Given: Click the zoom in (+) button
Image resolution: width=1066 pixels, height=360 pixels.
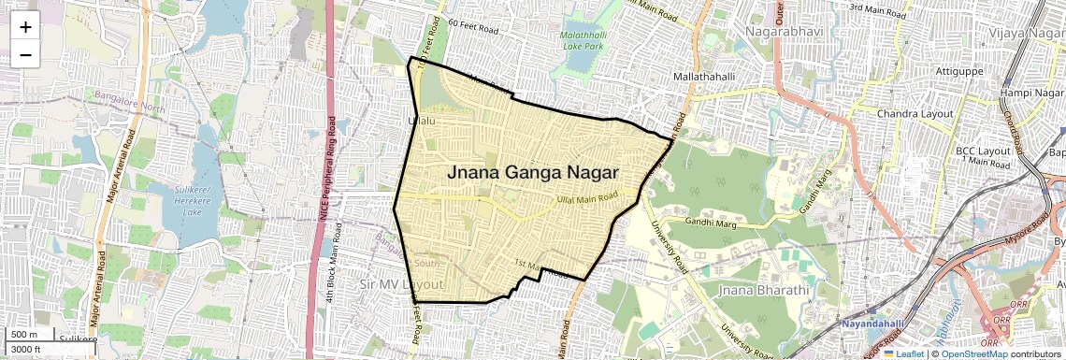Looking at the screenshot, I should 25,26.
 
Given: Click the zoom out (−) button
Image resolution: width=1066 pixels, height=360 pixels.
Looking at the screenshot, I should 25,54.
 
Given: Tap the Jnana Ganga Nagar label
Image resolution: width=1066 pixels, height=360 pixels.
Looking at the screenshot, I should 533,172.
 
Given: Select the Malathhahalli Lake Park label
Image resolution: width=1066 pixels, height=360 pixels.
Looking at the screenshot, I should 583,39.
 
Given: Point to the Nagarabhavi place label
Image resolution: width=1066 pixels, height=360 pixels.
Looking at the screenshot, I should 790,33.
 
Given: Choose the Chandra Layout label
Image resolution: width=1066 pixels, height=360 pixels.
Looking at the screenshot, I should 915,114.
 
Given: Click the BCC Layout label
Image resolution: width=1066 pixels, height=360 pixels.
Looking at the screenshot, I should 983,150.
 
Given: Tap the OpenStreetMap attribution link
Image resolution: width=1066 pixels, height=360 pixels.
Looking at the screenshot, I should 974,353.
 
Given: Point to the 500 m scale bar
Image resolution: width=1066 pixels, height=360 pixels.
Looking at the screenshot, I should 28,335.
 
